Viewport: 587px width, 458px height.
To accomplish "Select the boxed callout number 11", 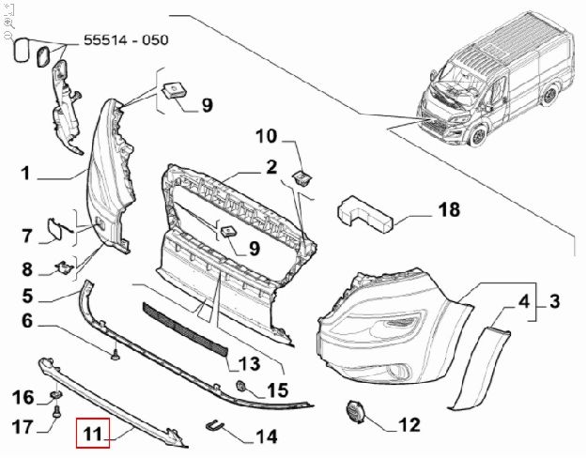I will coord(93,434).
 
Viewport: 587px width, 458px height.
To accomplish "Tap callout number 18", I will coord(450,209).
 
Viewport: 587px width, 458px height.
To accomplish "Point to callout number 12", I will coord(409,425).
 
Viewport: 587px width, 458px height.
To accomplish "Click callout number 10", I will coord(267,136).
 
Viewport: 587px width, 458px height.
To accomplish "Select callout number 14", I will coord(267,436).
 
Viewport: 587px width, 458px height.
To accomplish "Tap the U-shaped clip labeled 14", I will coord(216,428).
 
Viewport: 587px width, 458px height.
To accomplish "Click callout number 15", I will coord(277,389).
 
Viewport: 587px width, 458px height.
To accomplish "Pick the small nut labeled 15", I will coord(242,388).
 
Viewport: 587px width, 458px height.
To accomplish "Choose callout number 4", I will coord(524,301).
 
